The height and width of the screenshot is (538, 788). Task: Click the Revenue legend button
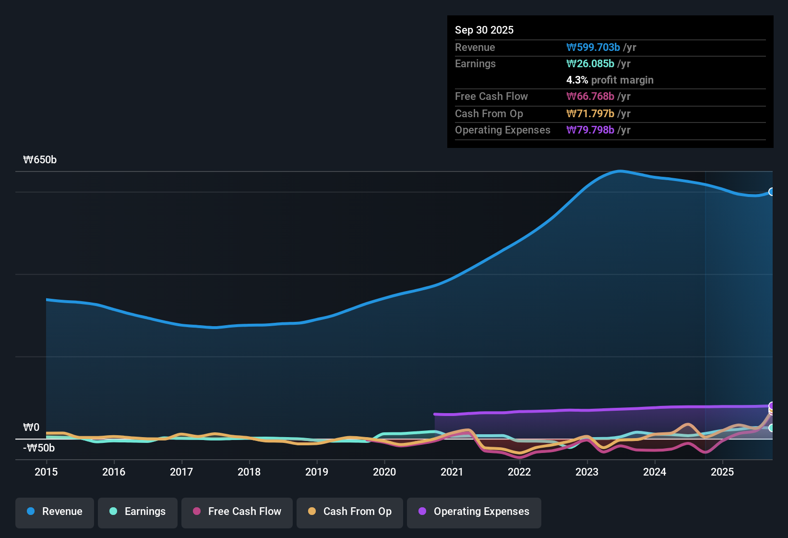coord(55,512)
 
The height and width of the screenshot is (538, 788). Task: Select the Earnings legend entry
coord(138,512)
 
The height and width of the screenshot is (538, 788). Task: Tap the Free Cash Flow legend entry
coord(237,512)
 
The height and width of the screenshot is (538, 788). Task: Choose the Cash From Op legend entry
coord(350,512)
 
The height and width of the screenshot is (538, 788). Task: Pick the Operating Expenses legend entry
coord(474,512)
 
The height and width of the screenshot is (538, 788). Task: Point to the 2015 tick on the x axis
coord(46,472)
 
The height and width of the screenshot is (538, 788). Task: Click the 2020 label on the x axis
coord(384,472)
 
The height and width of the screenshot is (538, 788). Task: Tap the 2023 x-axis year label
coord(587,472)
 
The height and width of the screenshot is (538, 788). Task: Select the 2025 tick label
coord(722,472)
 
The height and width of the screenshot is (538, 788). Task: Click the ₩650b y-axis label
coord(40,160)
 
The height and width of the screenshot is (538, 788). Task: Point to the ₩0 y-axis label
coord(31,427)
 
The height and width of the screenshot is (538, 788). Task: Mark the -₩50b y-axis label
coord(39,448)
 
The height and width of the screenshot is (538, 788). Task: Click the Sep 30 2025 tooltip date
coord(484,30)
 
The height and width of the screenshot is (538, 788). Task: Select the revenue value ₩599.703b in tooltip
coord(593,47)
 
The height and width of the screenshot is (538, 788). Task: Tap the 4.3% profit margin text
coord(609,80)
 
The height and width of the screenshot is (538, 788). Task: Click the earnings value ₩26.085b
coord(590,63)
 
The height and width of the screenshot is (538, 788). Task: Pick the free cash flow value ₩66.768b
coord(590,96)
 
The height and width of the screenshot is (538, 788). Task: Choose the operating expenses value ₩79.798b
coord(590,130)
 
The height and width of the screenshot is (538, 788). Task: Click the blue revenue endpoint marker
coord(772,192)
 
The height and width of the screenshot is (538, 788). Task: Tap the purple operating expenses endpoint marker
coord(772,406)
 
